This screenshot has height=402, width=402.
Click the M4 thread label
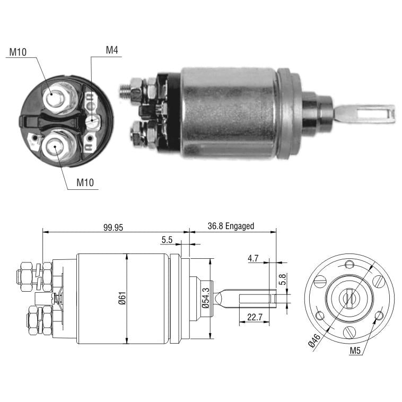[112, 50]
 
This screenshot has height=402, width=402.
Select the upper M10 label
[18, 52]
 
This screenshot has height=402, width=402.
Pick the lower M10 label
[85, 182]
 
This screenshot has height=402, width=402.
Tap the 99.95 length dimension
[113, 227]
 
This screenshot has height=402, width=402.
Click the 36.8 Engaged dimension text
[231, 226]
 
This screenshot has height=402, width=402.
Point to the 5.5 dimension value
[167, 240]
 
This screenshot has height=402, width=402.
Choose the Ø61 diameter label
[123, 298]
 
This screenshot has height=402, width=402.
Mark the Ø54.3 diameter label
[206, 298]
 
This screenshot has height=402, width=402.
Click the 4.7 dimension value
[253, 258]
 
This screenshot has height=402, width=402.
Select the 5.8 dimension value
[282, 279]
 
